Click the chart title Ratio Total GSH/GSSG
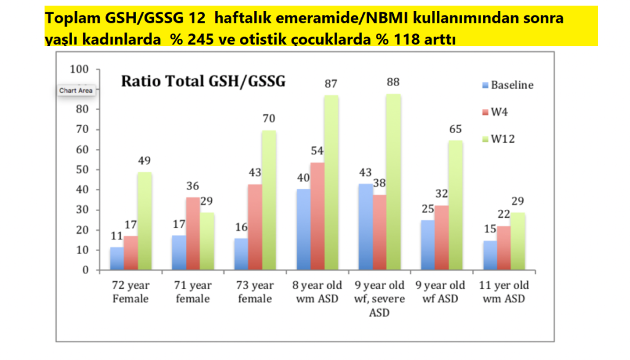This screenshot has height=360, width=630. point(203,81)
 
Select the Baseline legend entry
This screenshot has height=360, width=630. point(508,85)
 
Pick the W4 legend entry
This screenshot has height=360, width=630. point(495,112)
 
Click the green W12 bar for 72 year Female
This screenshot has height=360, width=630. point(144,221)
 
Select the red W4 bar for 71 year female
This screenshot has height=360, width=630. point(193,233)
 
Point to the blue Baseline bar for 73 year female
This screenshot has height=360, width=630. point(241,254)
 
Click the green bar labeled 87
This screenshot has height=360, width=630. point(331,182)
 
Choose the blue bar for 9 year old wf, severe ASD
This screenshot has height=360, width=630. point(365,226)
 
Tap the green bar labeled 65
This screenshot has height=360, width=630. point(455,205)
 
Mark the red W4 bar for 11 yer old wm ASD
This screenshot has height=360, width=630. point(504,248)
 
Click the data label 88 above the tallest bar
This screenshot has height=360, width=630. point(393,82)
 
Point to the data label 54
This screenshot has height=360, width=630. point(317,151)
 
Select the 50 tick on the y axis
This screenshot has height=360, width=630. point(82,170)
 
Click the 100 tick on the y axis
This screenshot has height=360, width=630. point(79,69)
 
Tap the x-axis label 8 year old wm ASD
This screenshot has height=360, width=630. point(317,292)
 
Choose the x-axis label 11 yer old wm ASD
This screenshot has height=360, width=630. point(504,292)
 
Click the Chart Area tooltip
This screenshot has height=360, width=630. point(76,91)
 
